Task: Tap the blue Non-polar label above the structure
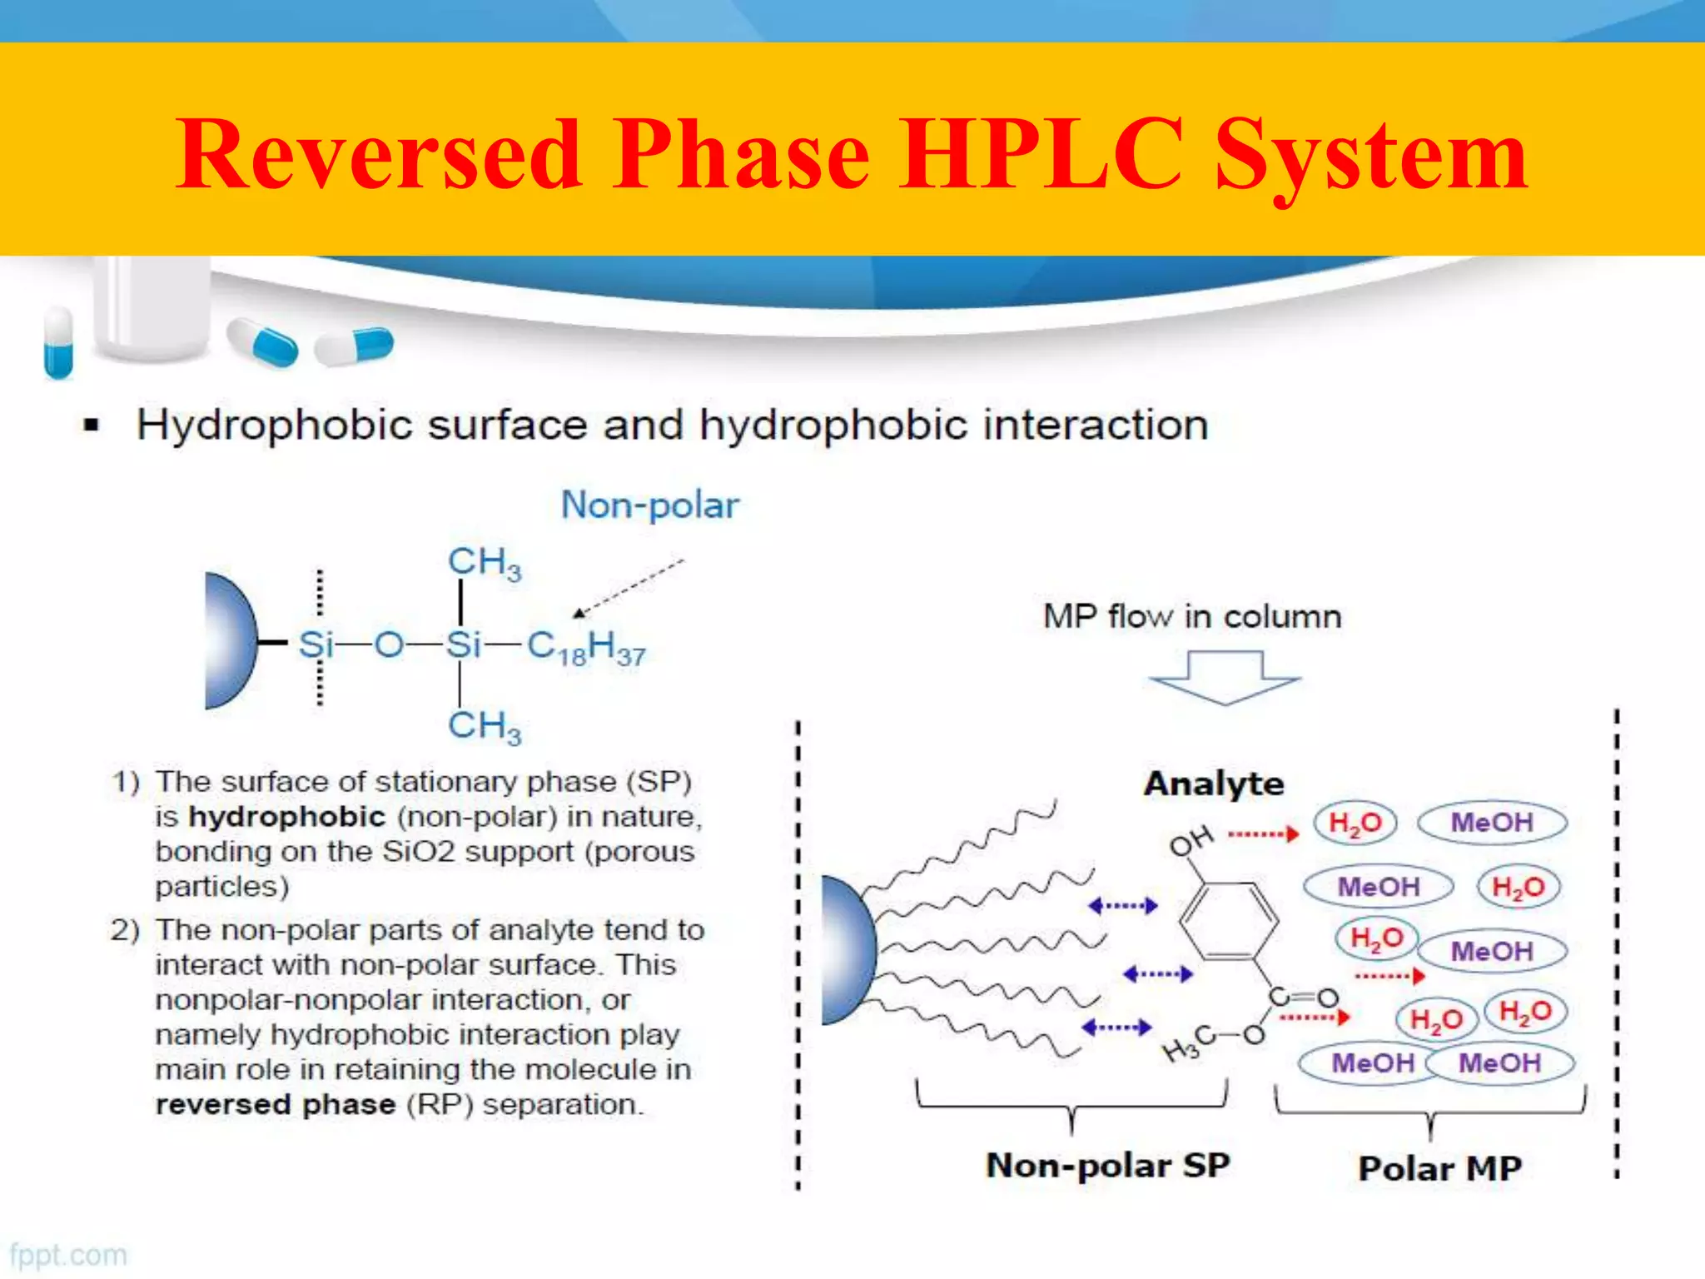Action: (650, 505)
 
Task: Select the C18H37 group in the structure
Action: (586, 647)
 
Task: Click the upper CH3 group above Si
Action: (485, 563)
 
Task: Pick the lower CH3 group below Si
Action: (485, 726)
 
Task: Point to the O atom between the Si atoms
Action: (388, 644)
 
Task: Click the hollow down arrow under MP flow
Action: (1224, 677)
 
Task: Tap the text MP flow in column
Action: (1192, 617)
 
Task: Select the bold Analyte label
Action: (1214, 784)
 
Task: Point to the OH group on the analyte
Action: (1191, 841)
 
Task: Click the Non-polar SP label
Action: (1107, 1165)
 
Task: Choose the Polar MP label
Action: (1439, 1168)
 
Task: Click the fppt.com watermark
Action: (68, 1255)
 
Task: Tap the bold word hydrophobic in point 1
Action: (287, 817)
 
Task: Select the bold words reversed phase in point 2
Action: (276, 1105)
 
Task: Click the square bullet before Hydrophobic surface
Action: (92, 426)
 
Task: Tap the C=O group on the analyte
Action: (1303, 997)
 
